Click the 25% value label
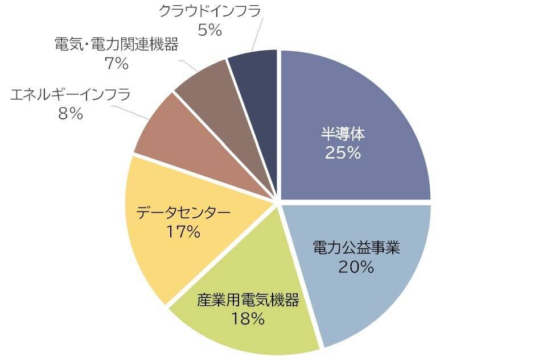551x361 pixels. click(x=343, y=152)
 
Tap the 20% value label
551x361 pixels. click(x=356, y=266)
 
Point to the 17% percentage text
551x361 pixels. click(x=183, y=231)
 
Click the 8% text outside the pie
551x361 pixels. click(x=71, y=114)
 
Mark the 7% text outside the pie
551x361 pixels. click(x=117, y=64)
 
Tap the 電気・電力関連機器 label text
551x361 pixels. click(x=116, y=44)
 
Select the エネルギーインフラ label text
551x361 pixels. click(x=71, y=94)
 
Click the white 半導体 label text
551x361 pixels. click(x=343, y=134)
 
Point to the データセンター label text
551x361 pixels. click(x=183, y=213)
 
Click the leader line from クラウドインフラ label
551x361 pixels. click(x=257, y=34)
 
